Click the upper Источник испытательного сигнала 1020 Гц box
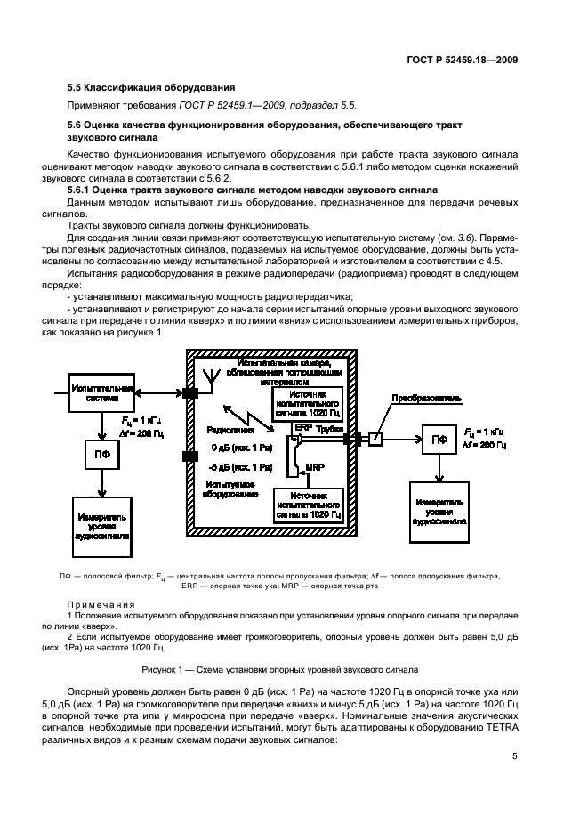coord(309,405)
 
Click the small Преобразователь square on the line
coord(375,439)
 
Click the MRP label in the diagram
coord(314,466)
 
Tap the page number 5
coord(515,756)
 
